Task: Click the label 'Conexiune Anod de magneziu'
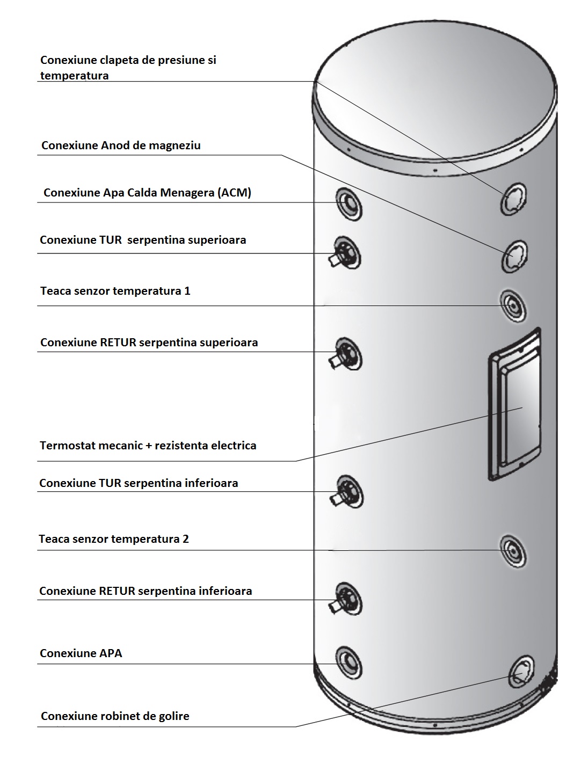121,145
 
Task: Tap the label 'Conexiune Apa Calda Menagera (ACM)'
147,193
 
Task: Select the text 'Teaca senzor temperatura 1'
115,291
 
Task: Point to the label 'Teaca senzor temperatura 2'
114,539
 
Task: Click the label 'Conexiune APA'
81,653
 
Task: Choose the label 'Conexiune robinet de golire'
115,716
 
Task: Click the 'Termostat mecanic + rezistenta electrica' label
148,446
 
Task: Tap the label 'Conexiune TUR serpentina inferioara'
139,483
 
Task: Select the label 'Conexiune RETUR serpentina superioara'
149,343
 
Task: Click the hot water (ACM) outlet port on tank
349,203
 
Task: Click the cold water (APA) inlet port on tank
349,661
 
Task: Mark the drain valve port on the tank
520,671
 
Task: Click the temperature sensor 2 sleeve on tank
513,551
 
